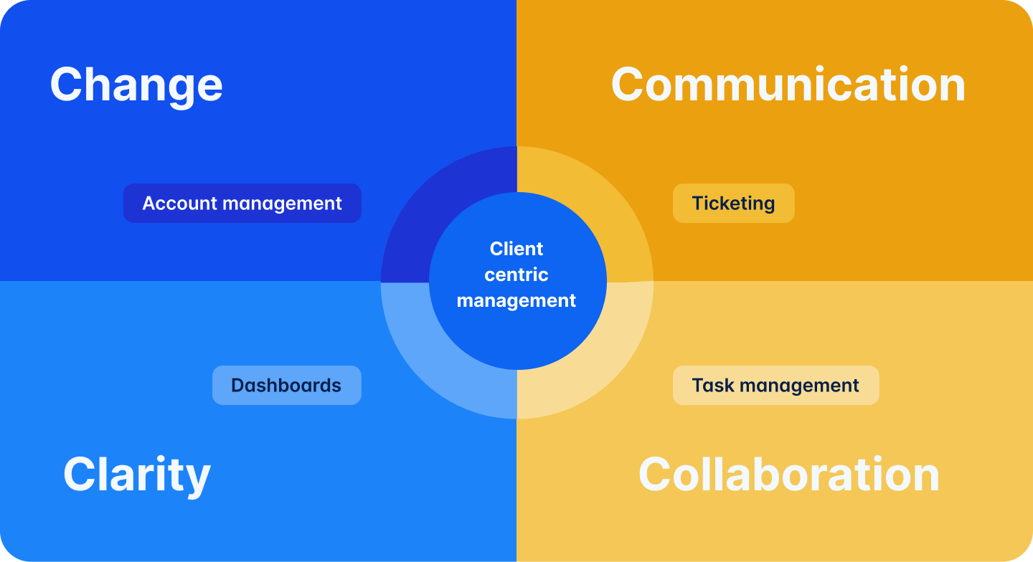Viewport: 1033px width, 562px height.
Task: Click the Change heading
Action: tap(136, 85)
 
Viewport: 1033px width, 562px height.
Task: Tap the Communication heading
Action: tap(788, 85)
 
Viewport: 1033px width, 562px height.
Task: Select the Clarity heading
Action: tap(136, 475)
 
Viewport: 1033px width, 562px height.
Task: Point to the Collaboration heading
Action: tap(788, 475)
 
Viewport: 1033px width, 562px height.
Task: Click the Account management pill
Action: tap(242, 204)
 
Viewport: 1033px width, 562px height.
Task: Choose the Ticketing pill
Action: tap(733, 204)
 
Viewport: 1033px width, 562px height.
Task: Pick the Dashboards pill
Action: tap(286, 386)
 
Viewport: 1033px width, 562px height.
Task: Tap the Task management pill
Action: tap(775, 386)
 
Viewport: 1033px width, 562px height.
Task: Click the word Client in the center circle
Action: tap(516, 249)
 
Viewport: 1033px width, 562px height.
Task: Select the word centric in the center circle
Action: tap(516, 275)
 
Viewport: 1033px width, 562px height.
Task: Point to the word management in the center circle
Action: tap(516, 300)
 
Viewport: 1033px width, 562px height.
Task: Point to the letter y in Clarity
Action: tap(197, 479)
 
